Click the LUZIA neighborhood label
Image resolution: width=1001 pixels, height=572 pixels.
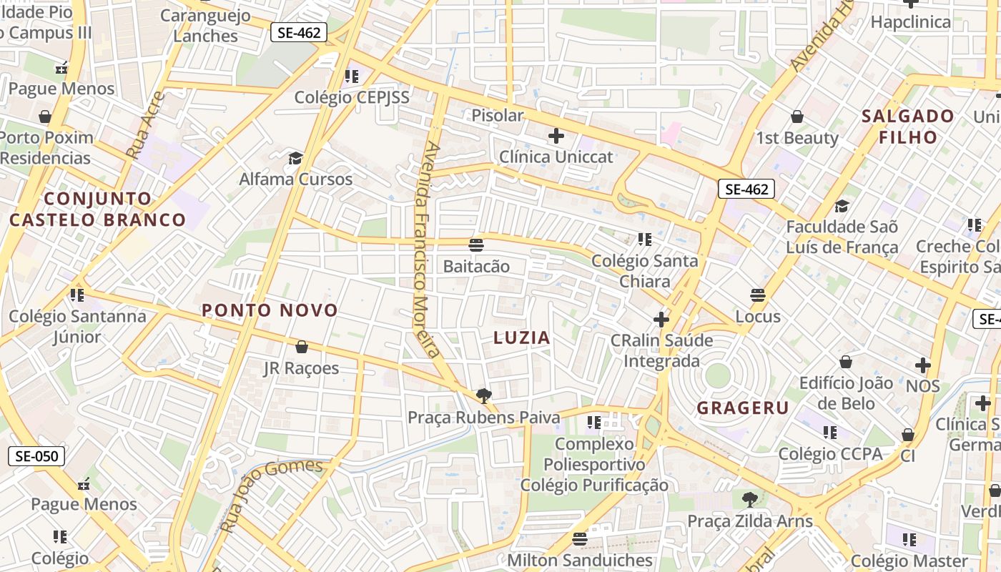coord(522,337)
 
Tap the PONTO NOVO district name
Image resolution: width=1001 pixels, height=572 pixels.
coord(270,310)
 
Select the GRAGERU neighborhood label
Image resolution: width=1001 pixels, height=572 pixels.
coord(743,408)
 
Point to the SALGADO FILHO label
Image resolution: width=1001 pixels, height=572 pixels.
coord(908,127)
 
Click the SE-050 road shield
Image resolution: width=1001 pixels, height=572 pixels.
coord(36,456)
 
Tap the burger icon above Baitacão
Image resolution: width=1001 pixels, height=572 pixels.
coord(476,245)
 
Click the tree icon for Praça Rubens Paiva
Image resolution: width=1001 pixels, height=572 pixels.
coord(484,395)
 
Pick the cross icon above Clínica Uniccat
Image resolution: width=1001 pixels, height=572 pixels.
coord(556,135)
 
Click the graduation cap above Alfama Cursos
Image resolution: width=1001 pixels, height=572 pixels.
coord(295,158)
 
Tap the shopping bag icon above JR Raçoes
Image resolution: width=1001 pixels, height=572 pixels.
coord(302,347)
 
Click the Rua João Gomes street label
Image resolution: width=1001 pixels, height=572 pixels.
coord(272,493)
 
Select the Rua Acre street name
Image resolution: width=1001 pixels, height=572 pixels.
coord(145,125)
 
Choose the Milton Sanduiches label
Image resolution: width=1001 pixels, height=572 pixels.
coord(580,560)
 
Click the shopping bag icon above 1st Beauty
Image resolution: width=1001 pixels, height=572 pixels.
coord(797,117)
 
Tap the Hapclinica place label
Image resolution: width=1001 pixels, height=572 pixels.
coord(910,21)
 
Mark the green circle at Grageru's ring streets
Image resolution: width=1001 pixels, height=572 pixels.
coord(717,375)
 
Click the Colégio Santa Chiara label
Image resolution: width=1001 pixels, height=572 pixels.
coord(644,270)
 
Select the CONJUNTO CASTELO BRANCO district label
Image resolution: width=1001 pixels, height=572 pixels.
coord(98,209)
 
